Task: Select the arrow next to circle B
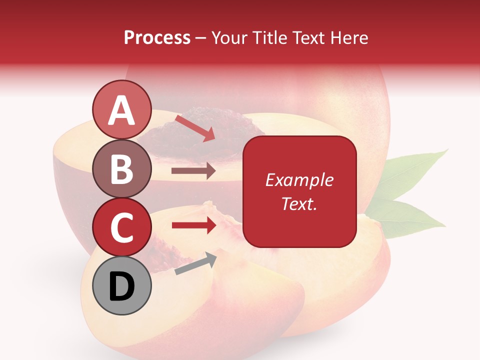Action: tap(193, 171)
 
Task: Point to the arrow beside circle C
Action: tap(194, 225)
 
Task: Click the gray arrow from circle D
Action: tap(195, 263)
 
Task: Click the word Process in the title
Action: tap(157, 38)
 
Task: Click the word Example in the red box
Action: tap(299, 180)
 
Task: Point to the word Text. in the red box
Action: tap(299, 203)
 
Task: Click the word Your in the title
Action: tap(229, 38)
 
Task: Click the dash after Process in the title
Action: tap(201, 38)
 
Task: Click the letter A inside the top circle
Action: tap(122, 110)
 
